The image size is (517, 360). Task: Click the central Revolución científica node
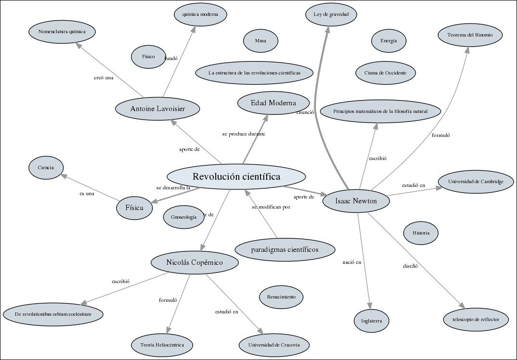click(x=236, y=177)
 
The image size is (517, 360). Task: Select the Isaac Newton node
click(x=356, y=201)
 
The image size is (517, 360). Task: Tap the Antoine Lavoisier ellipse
click(x=158, y=109)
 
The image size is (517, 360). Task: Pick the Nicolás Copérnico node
click(x=194, y=262)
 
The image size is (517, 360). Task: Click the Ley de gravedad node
click(x=331, y=14)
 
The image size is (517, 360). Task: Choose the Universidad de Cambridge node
click(x=476, y=181)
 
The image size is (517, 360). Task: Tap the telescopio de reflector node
click(x=475, y=319)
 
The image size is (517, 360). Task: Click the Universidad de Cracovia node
click(x=274, y=345)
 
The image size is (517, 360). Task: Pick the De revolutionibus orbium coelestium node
click(x=53, y=314)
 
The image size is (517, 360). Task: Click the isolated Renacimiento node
click(x=281, y=297)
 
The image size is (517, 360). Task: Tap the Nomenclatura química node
click(x=62, y=32)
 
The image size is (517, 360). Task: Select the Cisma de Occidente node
click(x=385, y=73)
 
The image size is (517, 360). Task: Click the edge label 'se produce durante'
click(x=244, y=134)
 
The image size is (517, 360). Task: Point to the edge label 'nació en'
click(x=351, y=262)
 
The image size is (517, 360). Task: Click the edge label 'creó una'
click(x=103, y=77)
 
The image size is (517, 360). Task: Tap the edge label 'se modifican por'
click(x=271, y=207)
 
